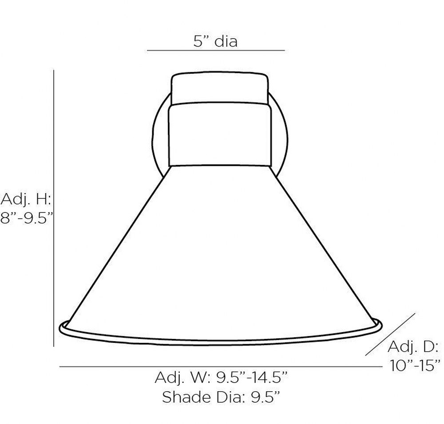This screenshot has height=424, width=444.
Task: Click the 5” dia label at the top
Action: (215, 41)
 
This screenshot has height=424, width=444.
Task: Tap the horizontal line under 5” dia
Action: (216, 51)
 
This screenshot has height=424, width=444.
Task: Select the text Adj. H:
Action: (26, 199)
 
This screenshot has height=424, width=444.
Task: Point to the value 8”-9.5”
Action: (27, 218)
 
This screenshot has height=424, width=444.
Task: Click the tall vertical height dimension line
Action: (54, 208)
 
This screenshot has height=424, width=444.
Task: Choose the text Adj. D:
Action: (413, 346)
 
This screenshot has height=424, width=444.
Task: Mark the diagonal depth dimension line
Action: (390, 334)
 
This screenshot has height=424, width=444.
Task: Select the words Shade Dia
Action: (202, 397)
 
